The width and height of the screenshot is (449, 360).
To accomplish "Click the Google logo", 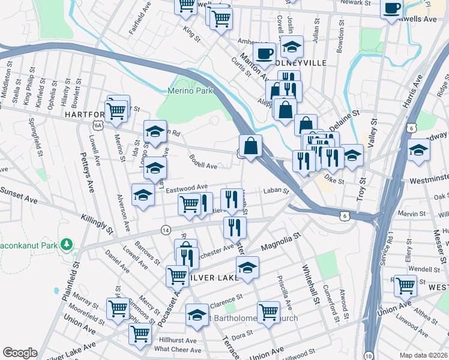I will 20,353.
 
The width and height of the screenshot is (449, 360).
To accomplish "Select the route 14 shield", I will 165,230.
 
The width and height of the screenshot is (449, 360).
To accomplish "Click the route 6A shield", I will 98,125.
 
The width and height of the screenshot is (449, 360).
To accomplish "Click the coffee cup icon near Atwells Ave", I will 391,9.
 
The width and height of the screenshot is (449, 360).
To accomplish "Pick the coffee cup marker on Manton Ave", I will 264,53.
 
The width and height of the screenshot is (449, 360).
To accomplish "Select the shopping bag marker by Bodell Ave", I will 250,146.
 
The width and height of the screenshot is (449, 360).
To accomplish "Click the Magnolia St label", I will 280,243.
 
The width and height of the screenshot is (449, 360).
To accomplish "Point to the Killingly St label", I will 96,221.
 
